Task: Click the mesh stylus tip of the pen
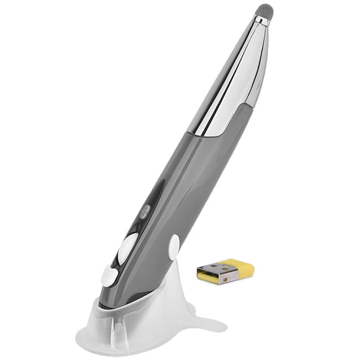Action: point(264,14)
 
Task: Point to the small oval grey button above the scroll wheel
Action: point(144,210)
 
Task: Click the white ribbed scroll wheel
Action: point(126,247)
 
